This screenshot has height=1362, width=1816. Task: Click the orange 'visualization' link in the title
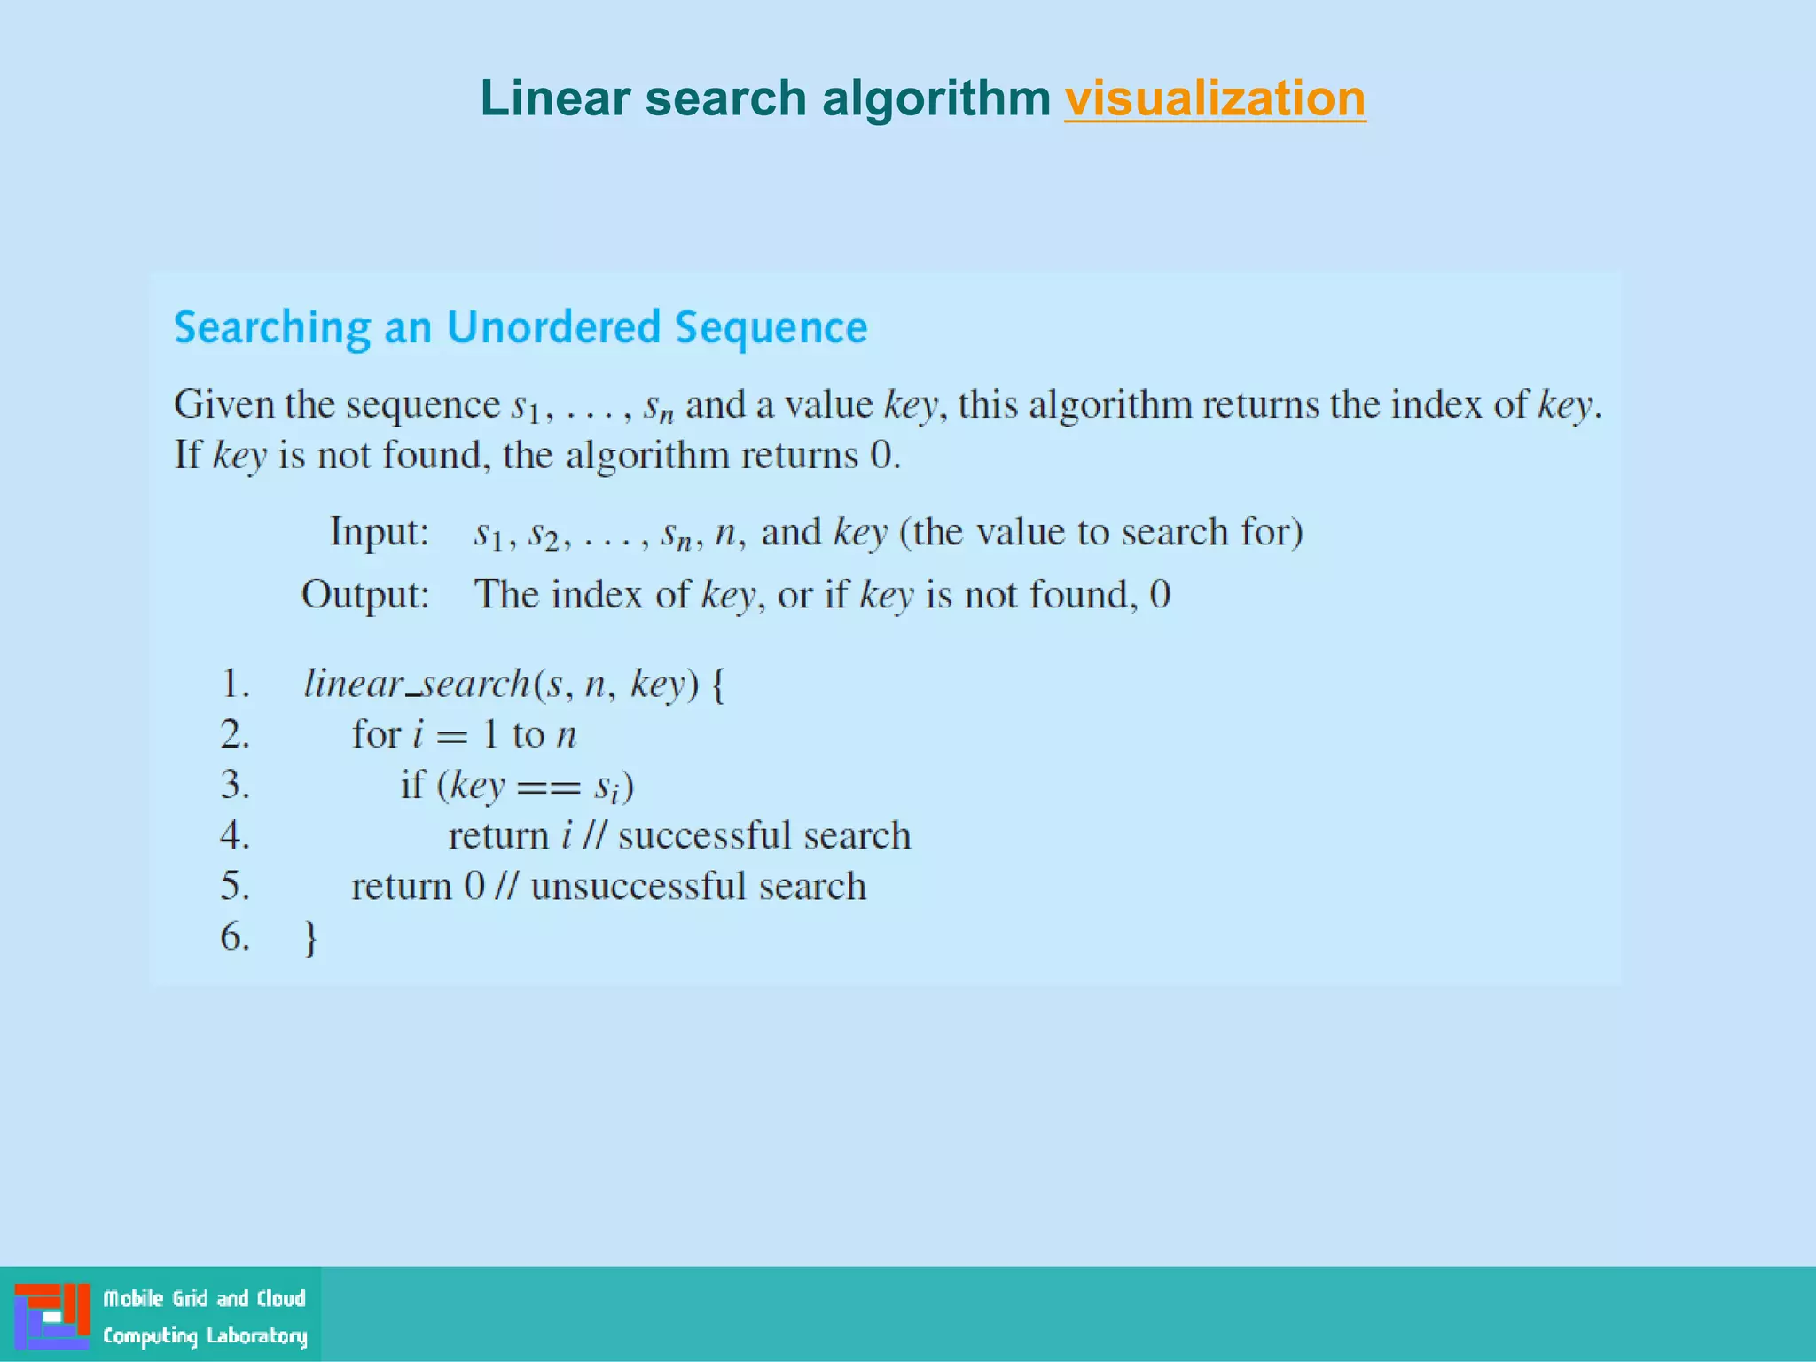click(1215, 98)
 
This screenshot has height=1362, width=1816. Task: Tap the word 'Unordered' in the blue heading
click(553, 327)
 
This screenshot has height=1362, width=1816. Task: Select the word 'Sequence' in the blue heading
click(771, 328)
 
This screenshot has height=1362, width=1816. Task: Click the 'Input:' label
click(380, 532)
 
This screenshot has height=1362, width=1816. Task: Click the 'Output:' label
click(365, 594)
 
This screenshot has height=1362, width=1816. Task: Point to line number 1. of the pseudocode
click(235, 684)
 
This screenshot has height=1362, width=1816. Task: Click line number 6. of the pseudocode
click(235, 936)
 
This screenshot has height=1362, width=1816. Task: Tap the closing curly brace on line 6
click(310, 938)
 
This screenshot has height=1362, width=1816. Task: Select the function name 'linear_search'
click(417, 684)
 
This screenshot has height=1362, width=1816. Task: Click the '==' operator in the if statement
click(549, 787)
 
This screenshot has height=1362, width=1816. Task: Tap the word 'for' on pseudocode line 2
click(376, 734)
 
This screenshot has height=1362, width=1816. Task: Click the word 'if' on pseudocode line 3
click(412, 785)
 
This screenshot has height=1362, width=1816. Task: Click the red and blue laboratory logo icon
click(52, 1316)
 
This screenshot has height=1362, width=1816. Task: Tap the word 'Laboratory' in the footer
click(257, 1335)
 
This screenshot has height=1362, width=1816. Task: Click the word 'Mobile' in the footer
click(134, 1299)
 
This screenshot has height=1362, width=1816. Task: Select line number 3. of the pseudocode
click(235, 785)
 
